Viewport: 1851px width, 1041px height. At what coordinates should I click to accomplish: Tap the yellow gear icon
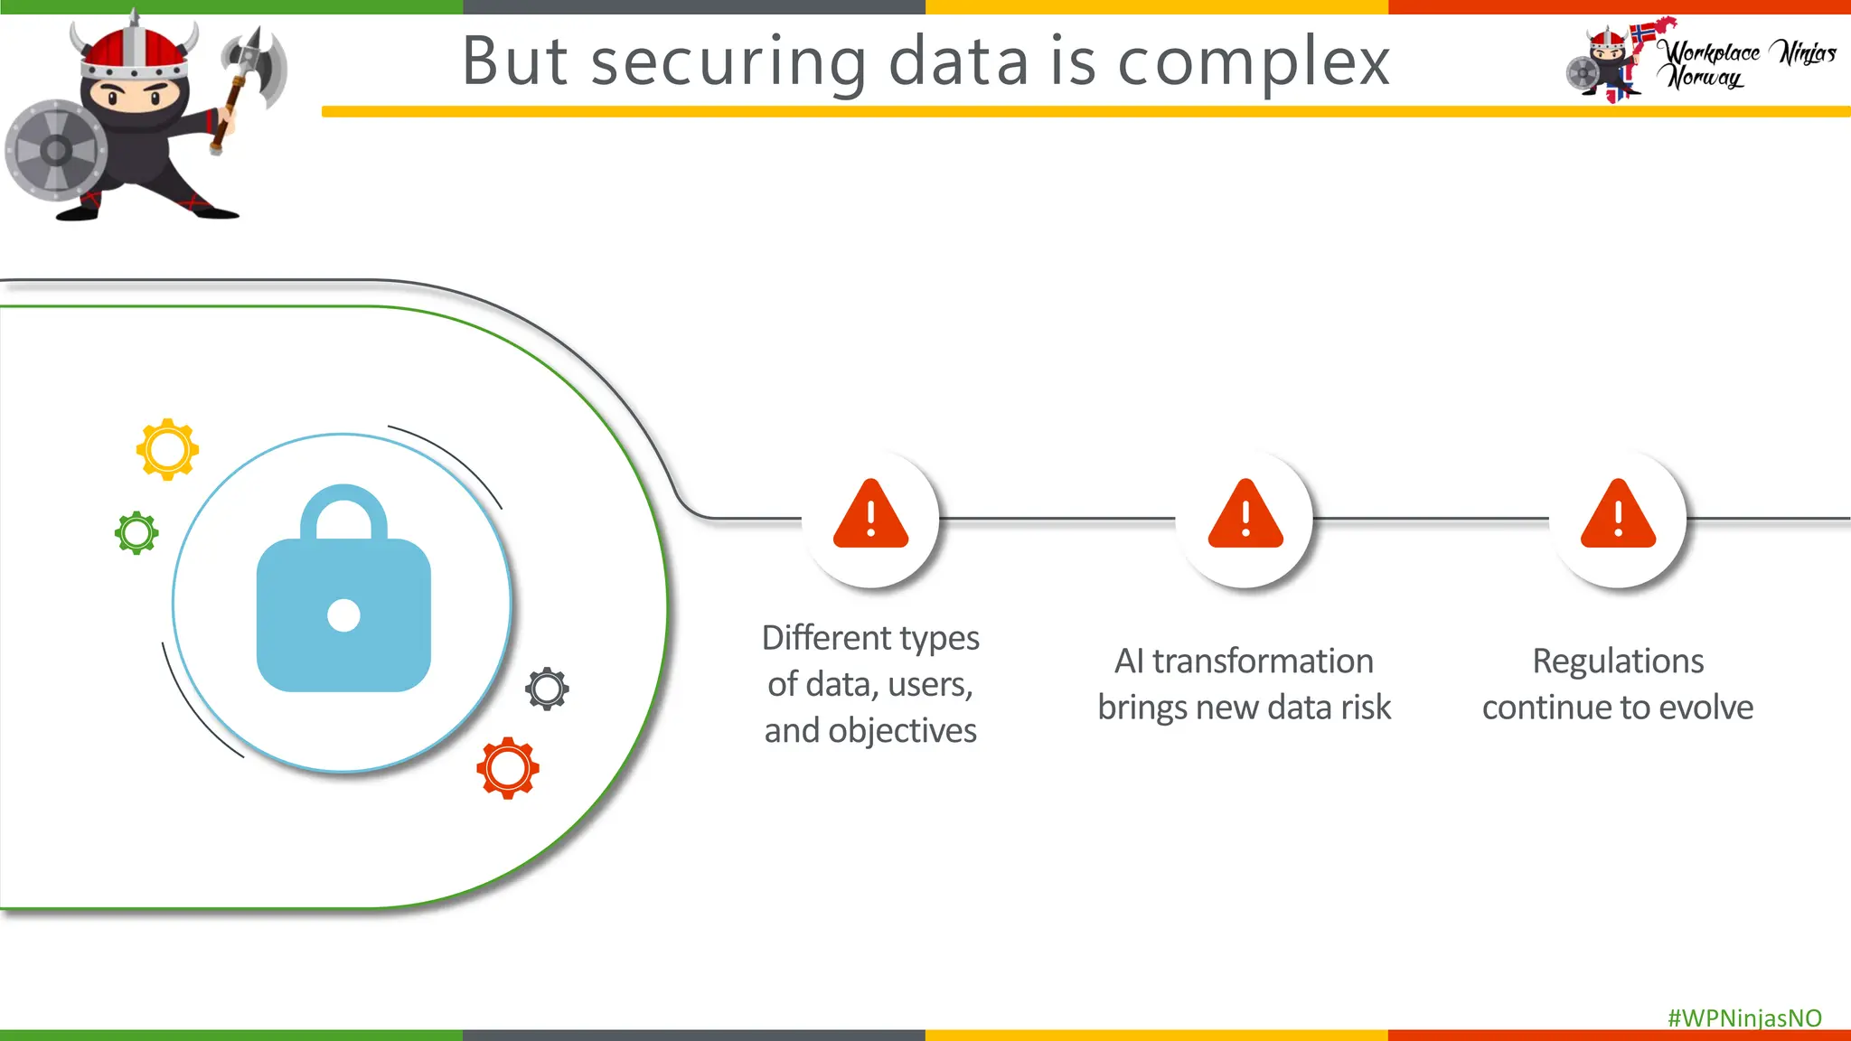click(x=167, y=449)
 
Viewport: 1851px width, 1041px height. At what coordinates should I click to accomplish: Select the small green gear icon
click(x=136, y=533)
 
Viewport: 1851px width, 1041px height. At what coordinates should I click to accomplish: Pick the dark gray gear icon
click(x=547, y=689)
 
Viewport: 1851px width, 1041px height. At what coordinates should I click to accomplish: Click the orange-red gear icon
click(x=508, y=768)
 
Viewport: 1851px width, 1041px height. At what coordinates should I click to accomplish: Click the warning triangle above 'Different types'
click(x=870, y=516)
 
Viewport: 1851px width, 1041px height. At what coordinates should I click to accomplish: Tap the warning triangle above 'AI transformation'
click(x=1245, y=516)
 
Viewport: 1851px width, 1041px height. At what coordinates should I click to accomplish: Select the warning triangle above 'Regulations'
click(x=1618, y=516)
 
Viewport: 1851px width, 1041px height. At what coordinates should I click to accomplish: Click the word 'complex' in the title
click(x=1254, y=62)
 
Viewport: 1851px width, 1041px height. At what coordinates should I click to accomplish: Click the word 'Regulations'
click(x=1618, y=661)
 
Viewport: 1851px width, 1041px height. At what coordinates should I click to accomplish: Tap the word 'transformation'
click(x=1263, y=661)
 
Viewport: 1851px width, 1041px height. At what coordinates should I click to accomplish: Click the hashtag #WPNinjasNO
click(x=1744, y=1018)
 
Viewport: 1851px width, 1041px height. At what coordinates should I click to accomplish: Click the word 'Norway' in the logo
click(x=1705, y=79)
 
